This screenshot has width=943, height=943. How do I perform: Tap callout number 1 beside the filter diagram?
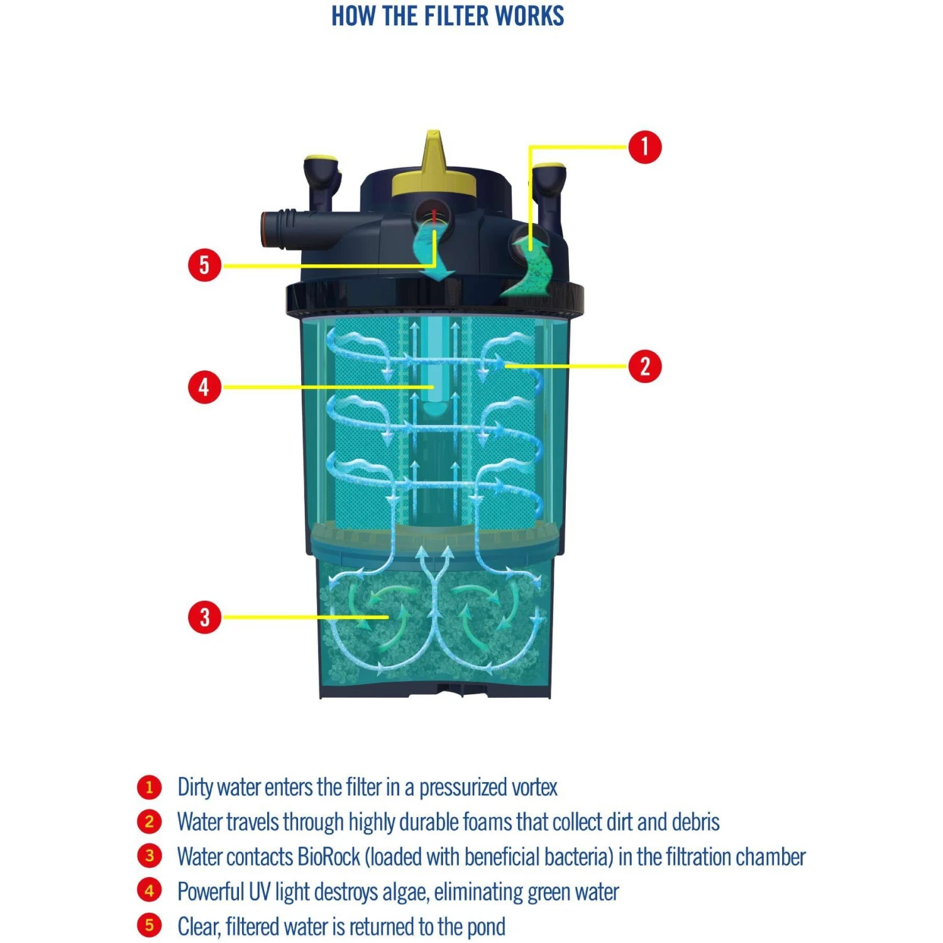(644, 147)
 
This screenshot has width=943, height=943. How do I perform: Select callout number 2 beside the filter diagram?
(644, 366)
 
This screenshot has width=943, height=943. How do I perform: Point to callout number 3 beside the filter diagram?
(204, 617)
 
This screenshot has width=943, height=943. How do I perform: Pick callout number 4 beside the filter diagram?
(204, 387)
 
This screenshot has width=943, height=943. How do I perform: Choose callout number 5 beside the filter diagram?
(204, 265)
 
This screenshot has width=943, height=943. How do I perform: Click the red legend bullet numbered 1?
(149, 787)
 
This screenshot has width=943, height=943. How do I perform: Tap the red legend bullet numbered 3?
(149, 856)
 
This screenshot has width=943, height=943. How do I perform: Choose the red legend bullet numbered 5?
(149, 925)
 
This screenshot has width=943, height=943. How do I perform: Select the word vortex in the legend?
(534, 788)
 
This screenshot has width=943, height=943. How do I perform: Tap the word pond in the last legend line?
(485, 927)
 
